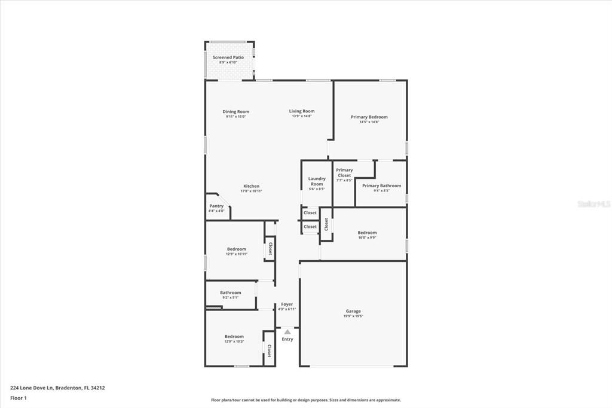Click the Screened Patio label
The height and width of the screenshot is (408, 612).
click(x=228, y=57)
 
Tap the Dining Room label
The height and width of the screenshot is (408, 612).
click(x=235, y=112)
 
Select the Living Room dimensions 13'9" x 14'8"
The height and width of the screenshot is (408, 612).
click(x=302, y=116)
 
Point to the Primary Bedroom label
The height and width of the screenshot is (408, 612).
click(x=369, y=117)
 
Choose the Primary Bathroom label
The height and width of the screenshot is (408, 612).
click(x=381, y=185)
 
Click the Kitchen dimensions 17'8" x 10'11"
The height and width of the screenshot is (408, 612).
click(x=251, y=191)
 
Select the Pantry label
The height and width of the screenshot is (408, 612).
click(x=216, y=206)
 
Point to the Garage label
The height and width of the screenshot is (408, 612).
click(x=353, y=311)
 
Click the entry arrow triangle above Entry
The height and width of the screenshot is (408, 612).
click(x=287, y=331)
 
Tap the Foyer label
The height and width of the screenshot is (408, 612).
click(x=287, y=305)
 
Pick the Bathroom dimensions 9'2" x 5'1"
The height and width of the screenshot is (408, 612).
click(x=230, y=297)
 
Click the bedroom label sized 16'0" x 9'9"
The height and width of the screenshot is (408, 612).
click(x=367, y=233)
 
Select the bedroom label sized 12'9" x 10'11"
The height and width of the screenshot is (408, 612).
click(x=236, y=249)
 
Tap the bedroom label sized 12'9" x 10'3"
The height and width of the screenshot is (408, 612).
click(x=234, y=336)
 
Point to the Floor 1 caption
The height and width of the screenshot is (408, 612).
click(x=19, y=397)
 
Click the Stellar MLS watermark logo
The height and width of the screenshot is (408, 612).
click(x=593, y=204)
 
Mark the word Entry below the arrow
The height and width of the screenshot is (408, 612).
click(x=287, y=339)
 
